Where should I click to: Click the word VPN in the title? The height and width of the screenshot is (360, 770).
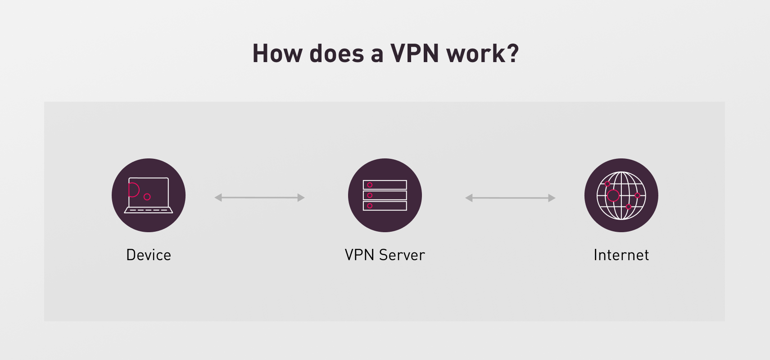pos(414,54)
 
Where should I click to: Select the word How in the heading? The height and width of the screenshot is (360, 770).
pos(277,54)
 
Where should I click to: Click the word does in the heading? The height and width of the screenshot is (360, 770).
pos(337,54)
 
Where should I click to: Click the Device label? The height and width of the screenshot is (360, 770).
pos(149,255)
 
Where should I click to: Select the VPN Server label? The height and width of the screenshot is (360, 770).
pos(385,255)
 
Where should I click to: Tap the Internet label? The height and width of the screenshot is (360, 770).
pos(621,255)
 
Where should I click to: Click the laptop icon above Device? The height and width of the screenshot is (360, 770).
pos(149,195)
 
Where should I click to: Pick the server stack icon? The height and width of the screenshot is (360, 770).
pos(385,195)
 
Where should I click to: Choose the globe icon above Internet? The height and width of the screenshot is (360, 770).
pos(621,195)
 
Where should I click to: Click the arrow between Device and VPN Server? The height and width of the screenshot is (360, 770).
pos(260,198)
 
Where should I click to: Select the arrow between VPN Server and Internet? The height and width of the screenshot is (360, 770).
pos(510,198)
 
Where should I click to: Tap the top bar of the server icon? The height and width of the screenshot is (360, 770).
pos(385,185)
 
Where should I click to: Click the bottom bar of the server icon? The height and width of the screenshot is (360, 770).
pos(385,206)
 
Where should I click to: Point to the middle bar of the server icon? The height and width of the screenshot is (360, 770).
pos(385,195)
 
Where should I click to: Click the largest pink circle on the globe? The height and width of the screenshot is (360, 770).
pos(613,195)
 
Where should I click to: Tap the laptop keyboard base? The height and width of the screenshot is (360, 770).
pos(149,210)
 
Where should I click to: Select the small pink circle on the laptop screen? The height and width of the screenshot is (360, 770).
pos(147,197)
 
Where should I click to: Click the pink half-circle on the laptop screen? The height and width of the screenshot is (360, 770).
pos(133,190)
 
